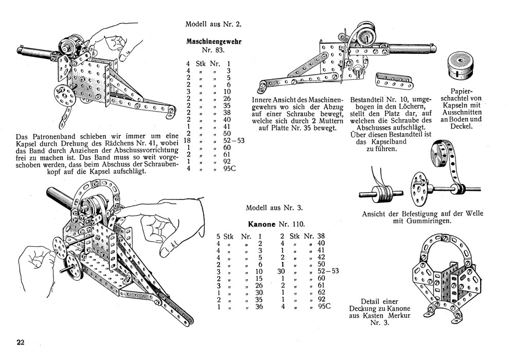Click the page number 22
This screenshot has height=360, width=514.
(x=20, y=343)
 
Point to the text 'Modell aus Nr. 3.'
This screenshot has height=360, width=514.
(x=274, y=208)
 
